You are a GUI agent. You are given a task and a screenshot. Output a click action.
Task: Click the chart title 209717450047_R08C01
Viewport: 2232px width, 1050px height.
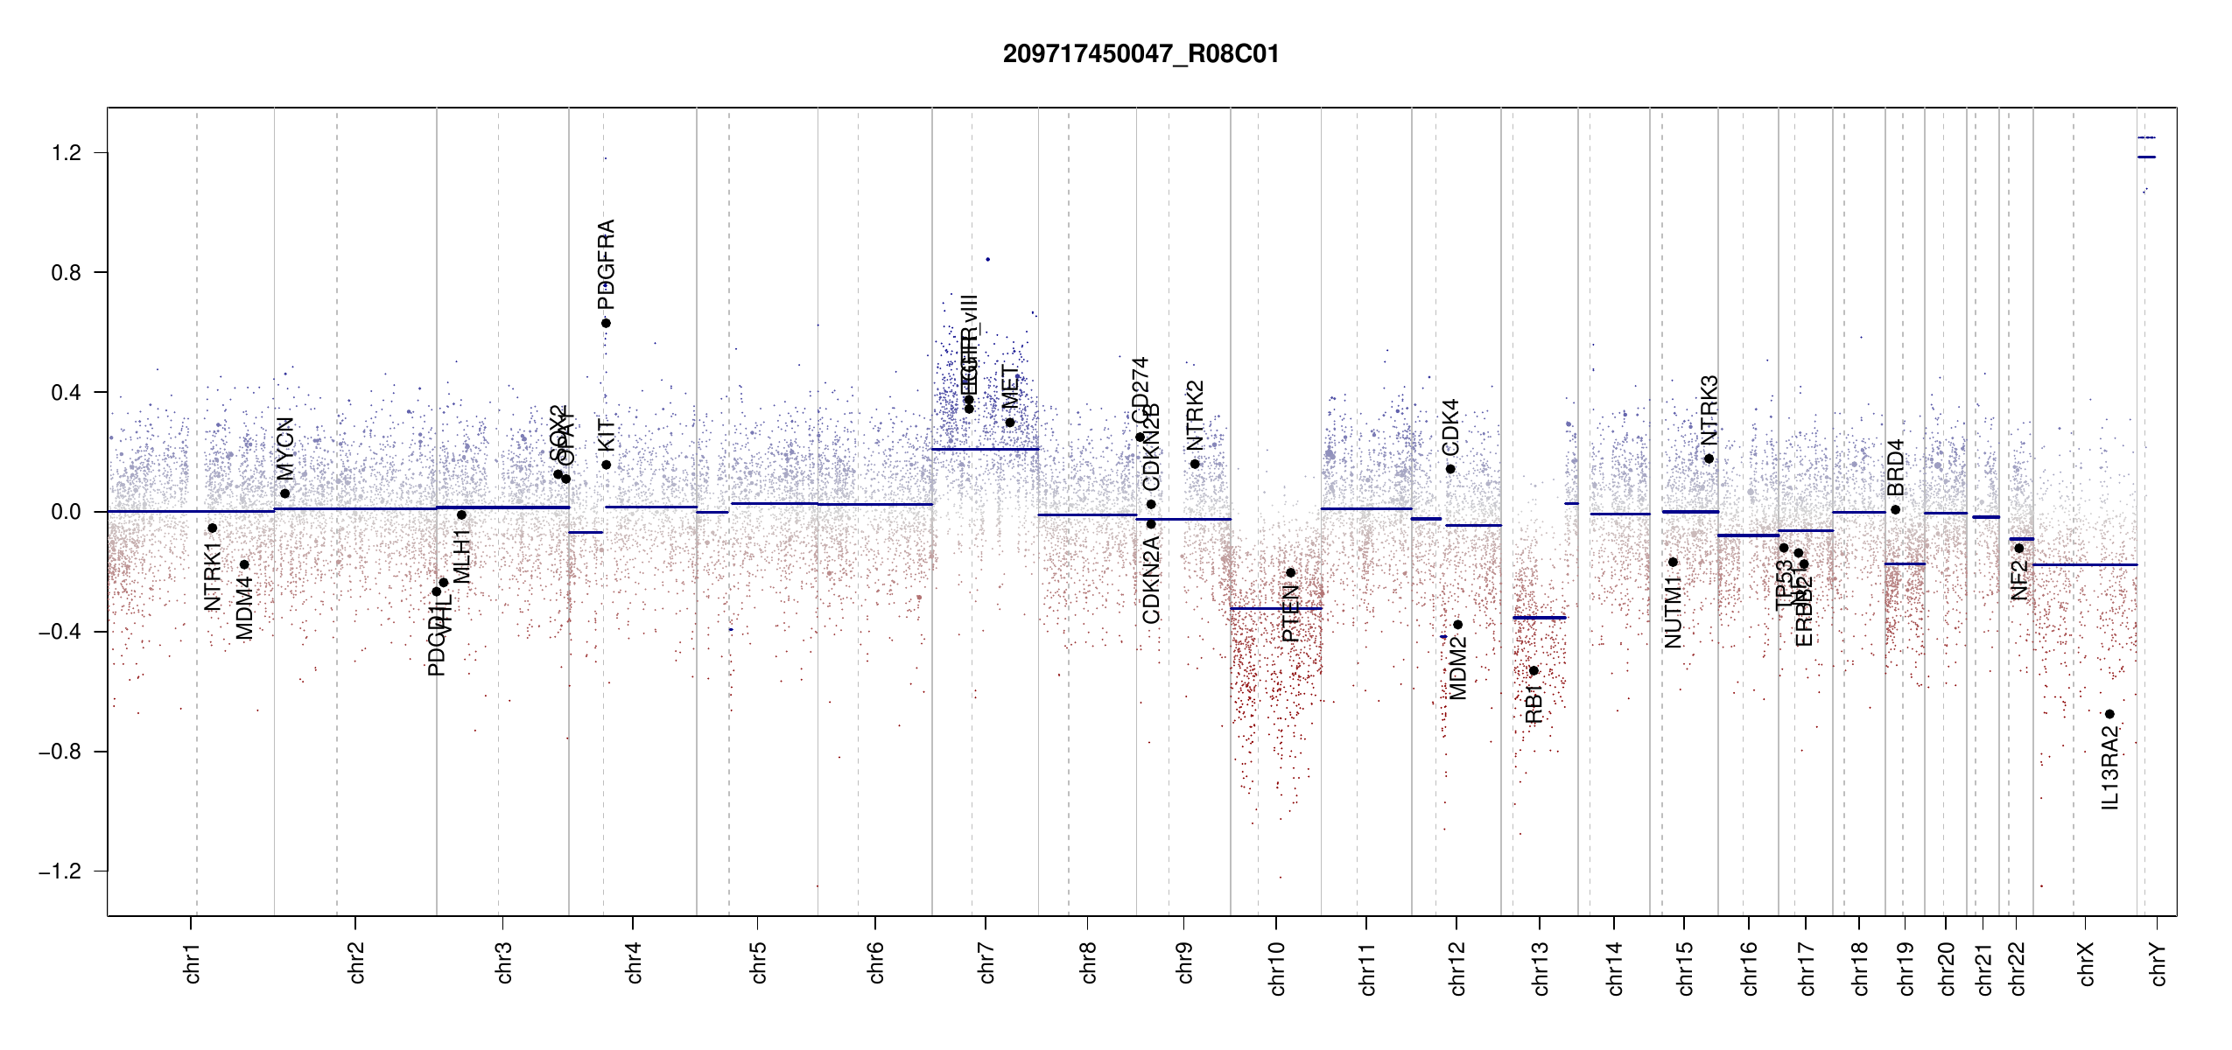(1141, 54)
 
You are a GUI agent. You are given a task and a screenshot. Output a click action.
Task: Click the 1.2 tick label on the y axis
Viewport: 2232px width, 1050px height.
(66, 153)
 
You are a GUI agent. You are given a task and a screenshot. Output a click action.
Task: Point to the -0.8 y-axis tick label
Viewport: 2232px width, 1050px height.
(60, 752)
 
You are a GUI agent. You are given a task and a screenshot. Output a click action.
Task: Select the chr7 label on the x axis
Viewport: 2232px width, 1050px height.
(987, 962)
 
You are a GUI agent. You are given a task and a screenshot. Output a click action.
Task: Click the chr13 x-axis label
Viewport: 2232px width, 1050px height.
(1541, 968)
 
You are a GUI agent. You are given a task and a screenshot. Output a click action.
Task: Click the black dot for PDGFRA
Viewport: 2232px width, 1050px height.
(606, 323)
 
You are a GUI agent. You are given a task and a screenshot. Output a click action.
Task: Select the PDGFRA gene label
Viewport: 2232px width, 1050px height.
(606, 264)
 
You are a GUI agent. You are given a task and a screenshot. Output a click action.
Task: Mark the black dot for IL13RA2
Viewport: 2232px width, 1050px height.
(2109, 714)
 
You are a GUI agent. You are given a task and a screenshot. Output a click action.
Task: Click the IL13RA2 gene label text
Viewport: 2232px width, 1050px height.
(2110, 767)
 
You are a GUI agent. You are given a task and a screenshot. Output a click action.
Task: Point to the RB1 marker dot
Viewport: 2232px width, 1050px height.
(1534, 671)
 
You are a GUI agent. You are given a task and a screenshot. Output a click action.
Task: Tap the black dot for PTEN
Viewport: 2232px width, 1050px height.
(1290, 573)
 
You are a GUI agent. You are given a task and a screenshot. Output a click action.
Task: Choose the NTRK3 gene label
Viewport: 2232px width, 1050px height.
(1709, 409)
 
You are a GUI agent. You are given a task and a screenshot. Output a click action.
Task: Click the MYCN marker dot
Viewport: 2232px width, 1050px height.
(284, 493)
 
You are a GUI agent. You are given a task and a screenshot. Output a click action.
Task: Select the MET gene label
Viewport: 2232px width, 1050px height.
(1010, 387)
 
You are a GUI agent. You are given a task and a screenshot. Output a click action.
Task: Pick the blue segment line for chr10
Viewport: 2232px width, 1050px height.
(1275, 608)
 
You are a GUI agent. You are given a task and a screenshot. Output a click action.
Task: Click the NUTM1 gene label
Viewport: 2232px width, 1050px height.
(1674, 612)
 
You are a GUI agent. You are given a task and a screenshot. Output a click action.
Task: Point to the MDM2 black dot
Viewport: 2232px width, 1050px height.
(1457, 625)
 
